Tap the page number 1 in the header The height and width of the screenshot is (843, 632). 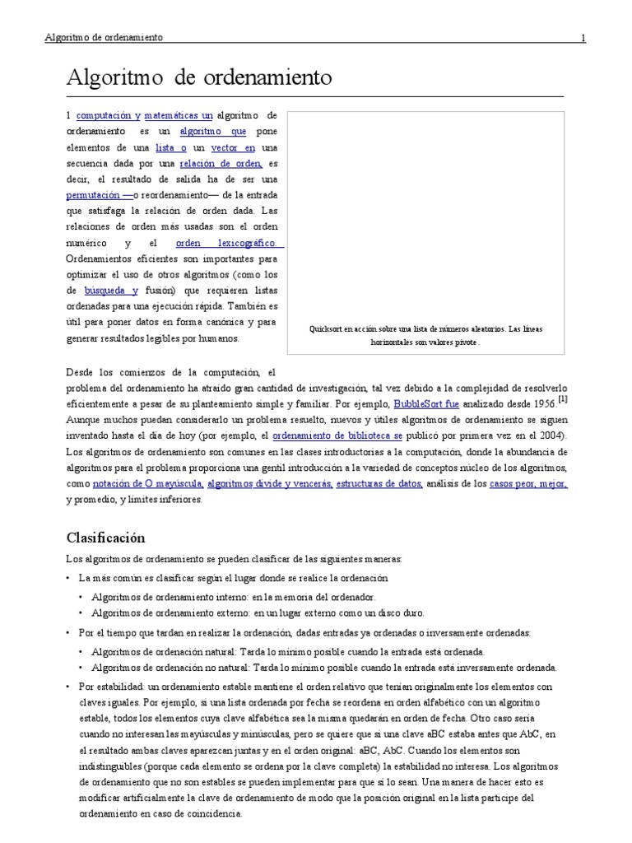583,38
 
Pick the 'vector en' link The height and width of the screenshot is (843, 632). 234,147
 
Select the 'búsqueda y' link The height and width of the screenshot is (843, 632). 111,291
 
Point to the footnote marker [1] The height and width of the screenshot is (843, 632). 562,399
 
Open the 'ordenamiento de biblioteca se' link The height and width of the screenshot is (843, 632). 337,435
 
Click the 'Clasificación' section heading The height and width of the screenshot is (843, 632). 105,538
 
